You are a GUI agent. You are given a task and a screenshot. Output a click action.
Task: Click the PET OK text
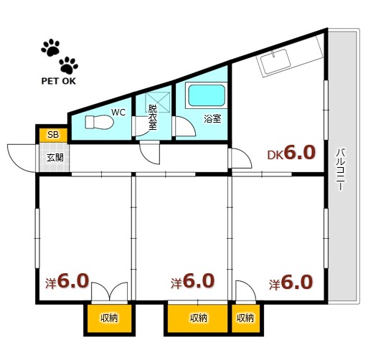(58, 81)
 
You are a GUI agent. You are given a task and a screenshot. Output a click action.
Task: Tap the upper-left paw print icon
(51, 47)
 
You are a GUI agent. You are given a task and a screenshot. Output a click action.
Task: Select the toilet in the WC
(99, 122)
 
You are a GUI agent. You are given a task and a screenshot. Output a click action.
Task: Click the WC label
(118, 113)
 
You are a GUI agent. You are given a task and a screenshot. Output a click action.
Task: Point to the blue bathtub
(207, 95)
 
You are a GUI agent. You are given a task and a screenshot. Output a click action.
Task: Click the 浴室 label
(212, 118)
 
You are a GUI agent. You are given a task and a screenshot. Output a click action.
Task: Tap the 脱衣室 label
(152, 117)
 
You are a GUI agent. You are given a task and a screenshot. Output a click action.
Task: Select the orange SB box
(53, 135)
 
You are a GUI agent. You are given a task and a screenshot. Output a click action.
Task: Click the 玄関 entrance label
(55, 158)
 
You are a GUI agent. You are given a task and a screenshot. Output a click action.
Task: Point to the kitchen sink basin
(275, 62)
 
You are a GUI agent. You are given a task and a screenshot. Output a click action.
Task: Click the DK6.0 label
(291, 153)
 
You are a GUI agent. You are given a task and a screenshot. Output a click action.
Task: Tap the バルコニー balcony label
(341, 169)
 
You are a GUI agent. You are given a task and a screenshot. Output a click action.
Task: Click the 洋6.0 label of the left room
(67, 281)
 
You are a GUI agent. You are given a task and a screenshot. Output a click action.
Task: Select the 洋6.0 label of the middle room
(192, 281)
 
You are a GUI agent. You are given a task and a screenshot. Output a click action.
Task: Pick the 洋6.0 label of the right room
(291, 283)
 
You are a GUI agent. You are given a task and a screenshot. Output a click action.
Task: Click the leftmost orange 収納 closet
(109, 318)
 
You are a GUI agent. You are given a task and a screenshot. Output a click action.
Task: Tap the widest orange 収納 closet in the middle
(197, 318)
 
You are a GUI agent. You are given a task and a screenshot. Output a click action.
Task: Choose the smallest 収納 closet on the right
(246, 318)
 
